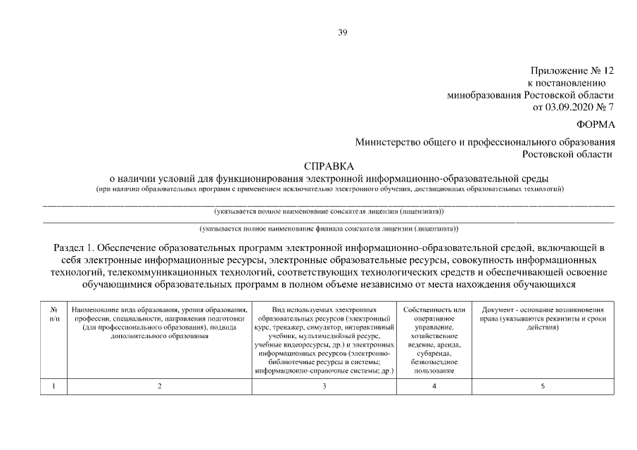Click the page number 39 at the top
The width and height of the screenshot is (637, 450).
click(343, 32)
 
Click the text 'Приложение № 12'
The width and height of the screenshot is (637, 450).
click(572, 70)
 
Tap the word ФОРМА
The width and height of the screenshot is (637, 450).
click(595, 124)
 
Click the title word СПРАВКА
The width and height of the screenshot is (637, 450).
click(329, 167)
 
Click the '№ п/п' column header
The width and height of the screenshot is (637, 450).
click(54, 314)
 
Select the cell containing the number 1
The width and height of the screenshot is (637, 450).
click(54, 386)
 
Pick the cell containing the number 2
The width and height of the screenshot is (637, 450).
click(160, 386)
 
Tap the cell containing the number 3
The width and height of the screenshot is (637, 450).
click(324, 386)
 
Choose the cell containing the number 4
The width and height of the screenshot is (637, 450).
click(434, 386)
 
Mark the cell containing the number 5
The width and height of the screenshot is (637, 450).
click(542, 386)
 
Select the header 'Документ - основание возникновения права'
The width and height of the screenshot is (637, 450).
click(542, 314)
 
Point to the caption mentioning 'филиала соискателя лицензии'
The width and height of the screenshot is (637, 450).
click(329, 228)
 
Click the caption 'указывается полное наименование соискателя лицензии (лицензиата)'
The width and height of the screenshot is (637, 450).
click(329, 210)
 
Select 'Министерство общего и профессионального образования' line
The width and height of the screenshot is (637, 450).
click(485, 142)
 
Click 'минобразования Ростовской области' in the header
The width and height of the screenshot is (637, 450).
click(531, 95)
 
